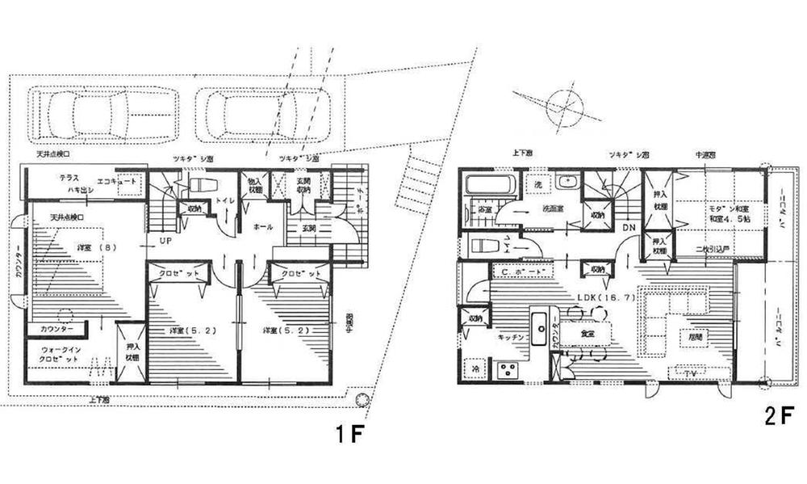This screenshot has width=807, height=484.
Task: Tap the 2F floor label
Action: point(780,418)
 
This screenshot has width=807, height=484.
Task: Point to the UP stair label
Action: point(165,241)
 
